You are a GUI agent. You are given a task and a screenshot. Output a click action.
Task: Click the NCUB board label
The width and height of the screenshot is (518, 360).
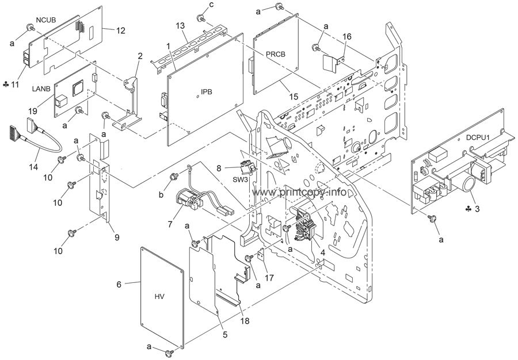[46, 20]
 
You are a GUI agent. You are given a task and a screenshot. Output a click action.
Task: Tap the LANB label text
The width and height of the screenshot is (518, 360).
[41, 89]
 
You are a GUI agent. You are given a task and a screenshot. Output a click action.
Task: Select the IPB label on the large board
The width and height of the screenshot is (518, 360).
[206, 92]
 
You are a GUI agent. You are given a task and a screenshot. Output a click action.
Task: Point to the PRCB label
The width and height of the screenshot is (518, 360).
[276, 55]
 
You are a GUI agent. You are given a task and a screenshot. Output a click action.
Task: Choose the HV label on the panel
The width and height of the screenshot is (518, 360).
[159, 297]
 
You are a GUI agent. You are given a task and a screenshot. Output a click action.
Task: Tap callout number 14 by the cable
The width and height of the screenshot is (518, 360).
[33, 167]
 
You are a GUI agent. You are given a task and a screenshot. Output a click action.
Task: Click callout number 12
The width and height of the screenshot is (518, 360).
[121, 30]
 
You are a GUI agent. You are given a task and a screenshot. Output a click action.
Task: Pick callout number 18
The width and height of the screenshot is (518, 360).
[245, 320]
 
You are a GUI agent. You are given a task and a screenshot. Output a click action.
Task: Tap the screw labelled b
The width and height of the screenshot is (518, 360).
[174, 177]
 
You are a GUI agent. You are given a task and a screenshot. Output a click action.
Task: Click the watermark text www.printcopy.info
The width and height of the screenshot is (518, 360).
[299, 192]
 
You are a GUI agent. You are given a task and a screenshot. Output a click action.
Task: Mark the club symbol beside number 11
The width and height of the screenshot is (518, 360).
[5, 85]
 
